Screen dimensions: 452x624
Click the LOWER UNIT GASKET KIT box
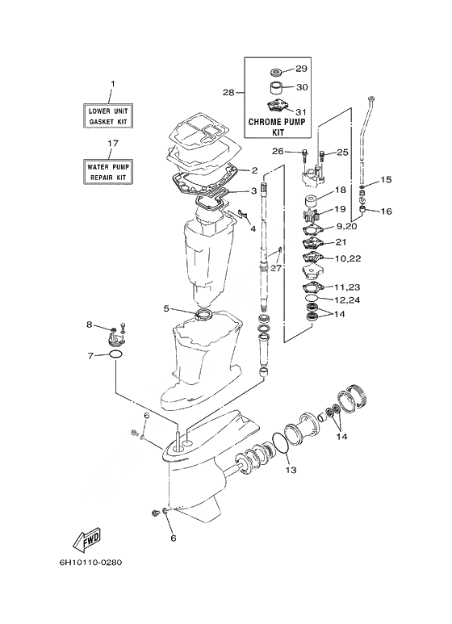(x=108, y=115)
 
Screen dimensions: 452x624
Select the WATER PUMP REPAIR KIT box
(x=108, y=172)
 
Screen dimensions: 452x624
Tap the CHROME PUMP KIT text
(x=277, y=127)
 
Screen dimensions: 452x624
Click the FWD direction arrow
(x=86, y=539)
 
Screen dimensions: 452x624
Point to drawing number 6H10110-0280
(x=90, y=563)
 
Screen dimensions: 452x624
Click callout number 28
(x=228, y=93)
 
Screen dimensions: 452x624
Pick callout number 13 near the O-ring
(x=291, y=470)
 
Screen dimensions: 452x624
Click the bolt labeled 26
(x=305, y=153)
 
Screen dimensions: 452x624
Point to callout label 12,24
(x=347, y=300)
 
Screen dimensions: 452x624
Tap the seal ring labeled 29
(x=275, y=72)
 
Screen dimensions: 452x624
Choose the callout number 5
(x=166, y=308)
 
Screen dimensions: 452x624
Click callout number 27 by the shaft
(x=276, y=268)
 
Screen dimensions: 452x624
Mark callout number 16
(x=387, y=211)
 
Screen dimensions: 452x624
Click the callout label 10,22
(x=348, y=258)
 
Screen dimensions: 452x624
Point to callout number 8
(x=90, y=325)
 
